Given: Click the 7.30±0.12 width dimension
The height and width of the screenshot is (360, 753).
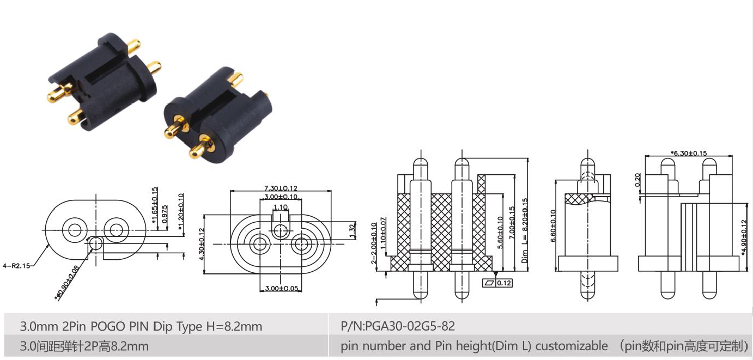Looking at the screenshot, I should tap(281, 188).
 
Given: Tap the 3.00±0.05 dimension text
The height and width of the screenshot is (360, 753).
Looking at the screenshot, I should tap(281, 288).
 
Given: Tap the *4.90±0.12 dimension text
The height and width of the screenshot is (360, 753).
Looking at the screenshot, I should tap(744, 237).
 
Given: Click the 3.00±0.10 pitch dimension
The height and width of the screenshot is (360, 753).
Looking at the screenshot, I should tap(281, 197).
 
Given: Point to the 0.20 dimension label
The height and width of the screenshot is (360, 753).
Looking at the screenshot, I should tap(639, 180).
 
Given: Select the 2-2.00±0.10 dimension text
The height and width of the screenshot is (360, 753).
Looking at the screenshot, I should tap(374, 242).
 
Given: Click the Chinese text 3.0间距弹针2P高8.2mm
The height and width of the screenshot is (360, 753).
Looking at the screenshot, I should tap(84, 346).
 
